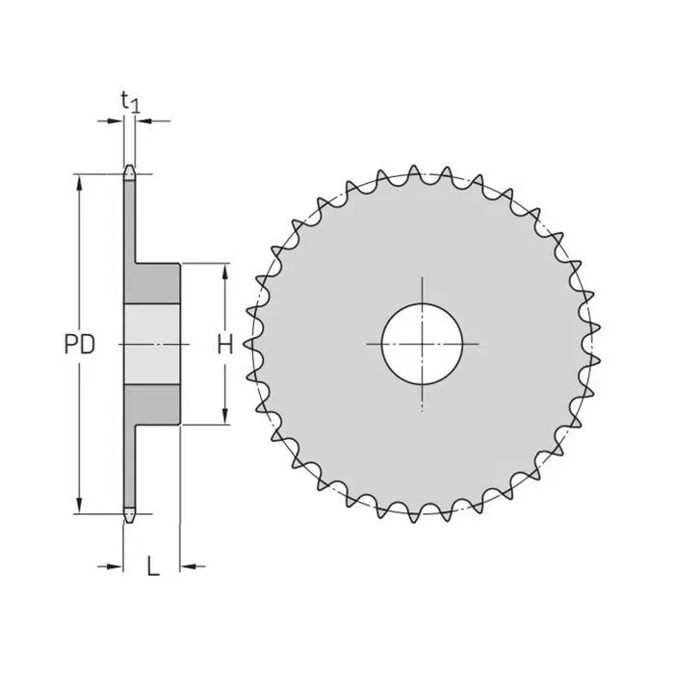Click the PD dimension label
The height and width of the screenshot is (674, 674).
tap(80, 345)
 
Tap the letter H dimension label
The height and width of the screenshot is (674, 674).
tap(224, 345)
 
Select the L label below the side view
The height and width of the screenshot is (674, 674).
tap(152, 566)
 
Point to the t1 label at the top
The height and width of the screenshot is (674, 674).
tap(130, 100)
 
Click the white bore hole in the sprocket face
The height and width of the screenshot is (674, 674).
tap(422, 344)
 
